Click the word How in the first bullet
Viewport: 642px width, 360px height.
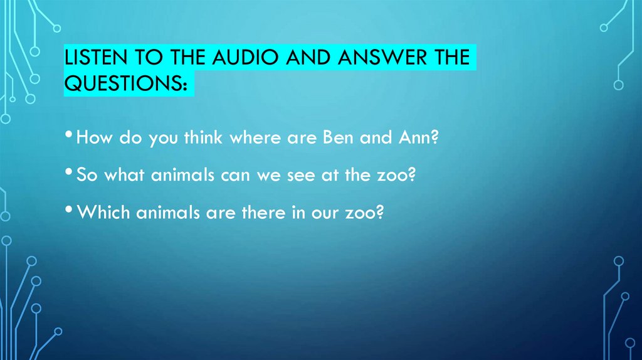point(92,138)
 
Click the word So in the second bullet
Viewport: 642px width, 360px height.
point(85,176)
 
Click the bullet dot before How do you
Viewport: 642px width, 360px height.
point(69,136)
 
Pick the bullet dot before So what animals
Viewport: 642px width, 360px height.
point(69,174)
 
